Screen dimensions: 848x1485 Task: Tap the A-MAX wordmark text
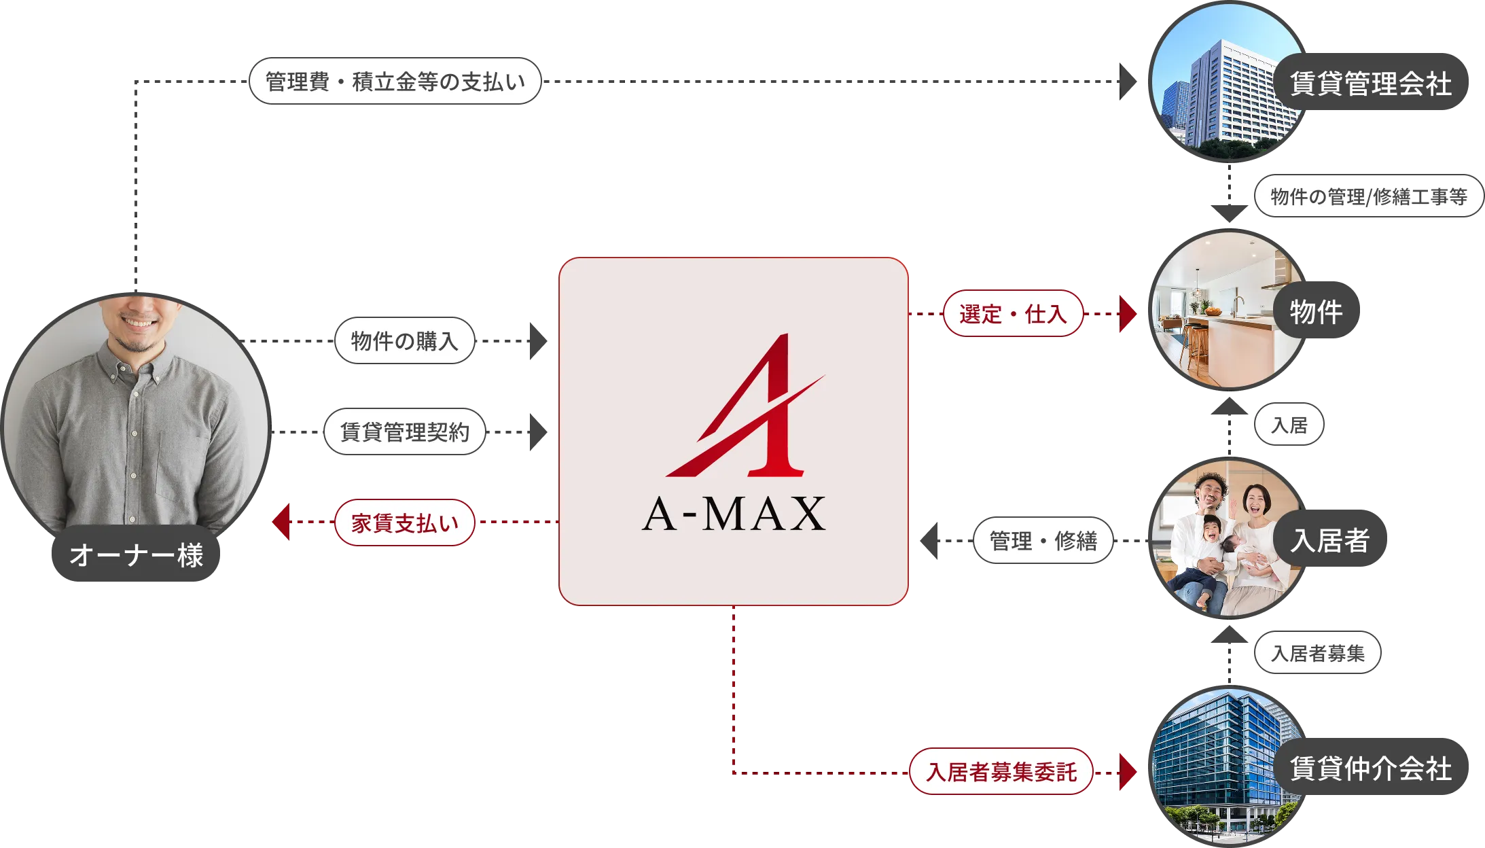point(734,514)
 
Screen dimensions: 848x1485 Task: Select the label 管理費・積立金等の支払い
point(395,82)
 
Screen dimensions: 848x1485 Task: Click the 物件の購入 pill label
point(404,340)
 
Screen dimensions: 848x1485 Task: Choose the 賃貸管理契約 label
point(404,431)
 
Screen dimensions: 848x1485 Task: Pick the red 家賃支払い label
point(404,523)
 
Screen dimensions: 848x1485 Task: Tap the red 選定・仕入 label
point(1013,314)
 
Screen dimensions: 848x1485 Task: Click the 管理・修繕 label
point(1043,541)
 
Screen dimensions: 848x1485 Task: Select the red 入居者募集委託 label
point(1001,772)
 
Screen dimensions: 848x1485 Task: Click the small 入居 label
point(1289,425)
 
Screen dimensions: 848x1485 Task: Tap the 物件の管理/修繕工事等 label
point(1368,196)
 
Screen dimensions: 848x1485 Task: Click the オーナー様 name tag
point(137,554)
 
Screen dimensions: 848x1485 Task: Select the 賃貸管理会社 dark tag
point(1371,84)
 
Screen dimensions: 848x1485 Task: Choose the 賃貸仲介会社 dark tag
point(1371,768)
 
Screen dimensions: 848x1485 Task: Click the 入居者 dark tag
point(1330,540)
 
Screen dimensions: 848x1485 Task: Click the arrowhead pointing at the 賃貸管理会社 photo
point(1132,82)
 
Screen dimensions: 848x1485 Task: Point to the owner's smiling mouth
point(139,321)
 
